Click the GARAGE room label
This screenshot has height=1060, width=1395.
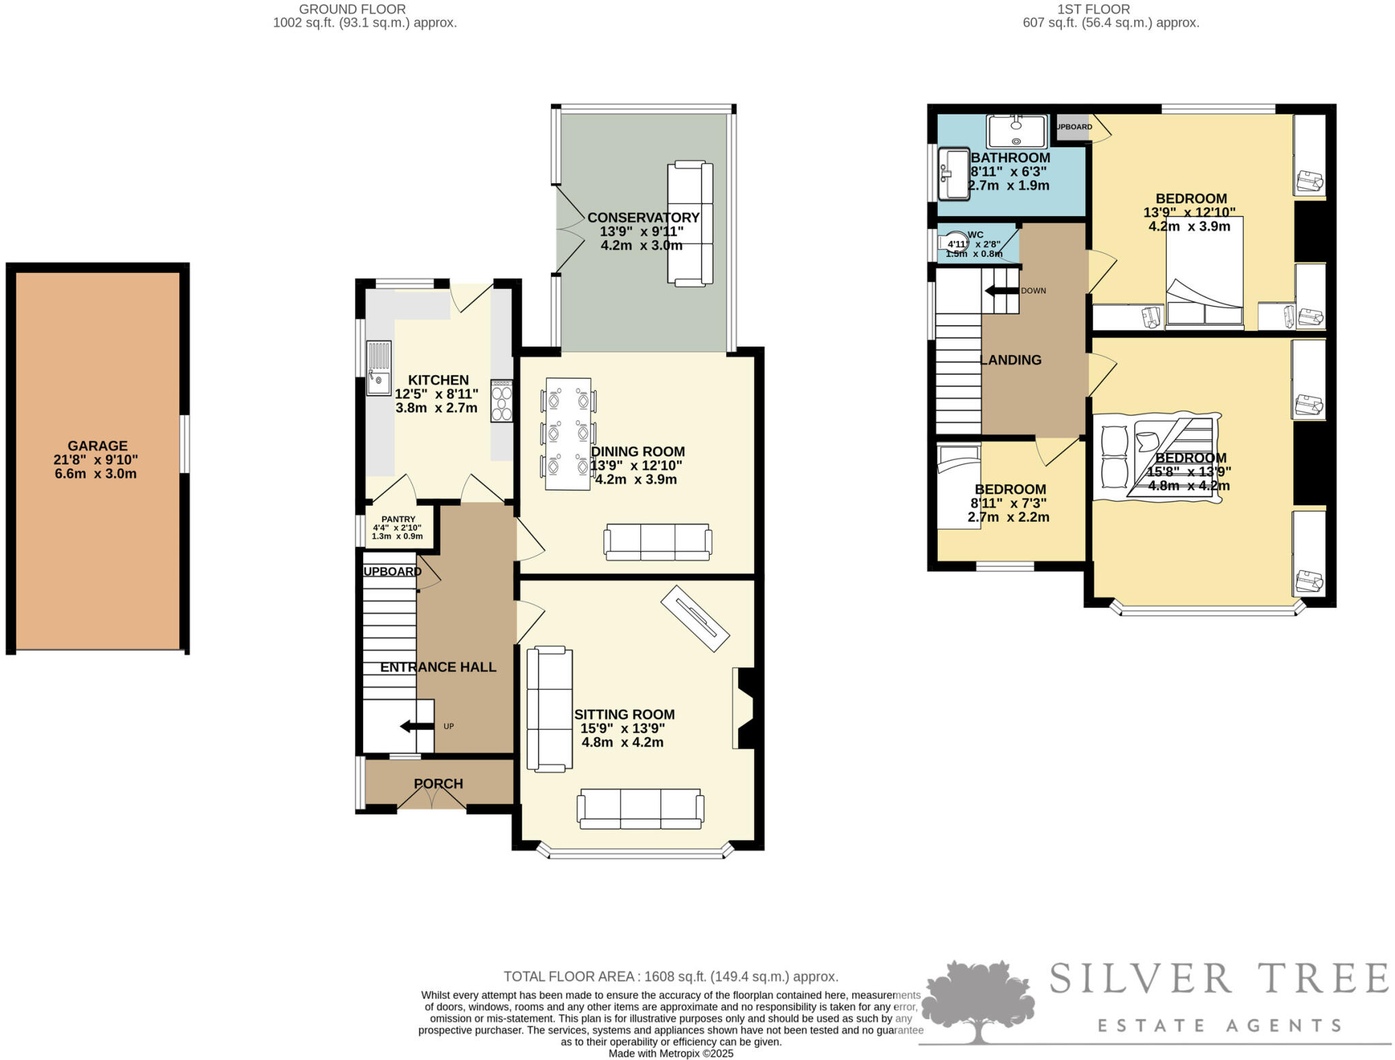[x=97, y=446]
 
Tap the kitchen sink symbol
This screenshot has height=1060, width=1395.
[x=379, y=368]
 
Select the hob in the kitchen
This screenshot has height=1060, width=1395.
[x=502, y=401]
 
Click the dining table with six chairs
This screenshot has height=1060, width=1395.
[x=567, y=433]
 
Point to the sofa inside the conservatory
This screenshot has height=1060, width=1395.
[x=690, y=223]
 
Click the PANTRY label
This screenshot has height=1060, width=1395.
[x=398, y=519]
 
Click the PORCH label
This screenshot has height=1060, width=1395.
[x=438, y=783]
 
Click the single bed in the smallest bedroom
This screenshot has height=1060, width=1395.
[x=958, y=486]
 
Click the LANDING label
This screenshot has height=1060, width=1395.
[x=1010, y=360]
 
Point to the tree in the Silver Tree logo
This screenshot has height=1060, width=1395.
[x=978, y=999]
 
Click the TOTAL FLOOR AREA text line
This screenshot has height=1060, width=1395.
[x=670, y=976]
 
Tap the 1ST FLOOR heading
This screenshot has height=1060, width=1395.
[x=1093, y=9]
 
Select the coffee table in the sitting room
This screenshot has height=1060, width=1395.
[x=695, y=619]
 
